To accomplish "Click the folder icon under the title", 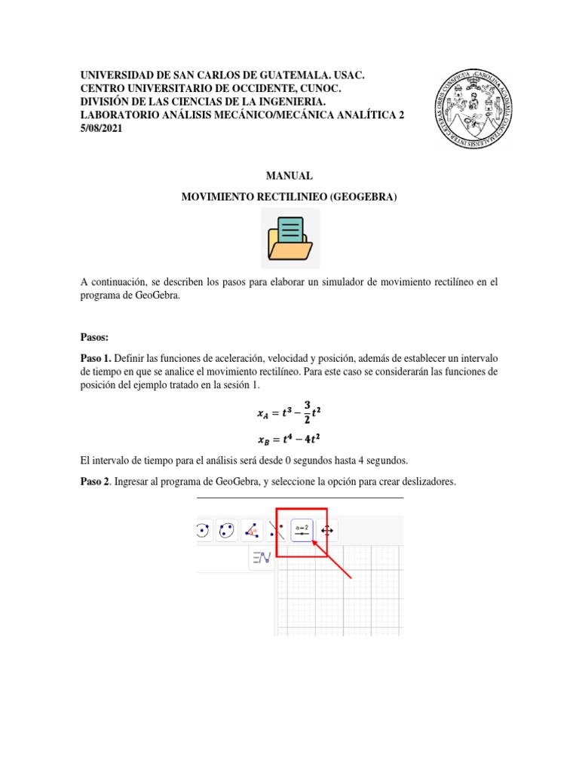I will (x=290, y=238).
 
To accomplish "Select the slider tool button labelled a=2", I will (x=302, y=532).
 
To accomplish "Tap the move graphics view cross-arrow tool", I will (x=328, y=532).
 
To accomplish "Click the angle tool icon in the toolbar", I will (x=251, y=532).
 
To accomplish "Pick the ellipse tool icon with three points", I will (x=225, y=532).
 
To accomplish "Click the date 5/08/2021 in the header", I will (x=102, y=128).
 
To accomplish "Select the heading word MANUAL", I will (x=289, y=176).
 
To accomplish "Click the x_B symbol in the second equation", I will (x=263, y=440).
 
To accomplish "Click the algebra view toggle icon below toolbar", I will (x=262, y=558).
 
